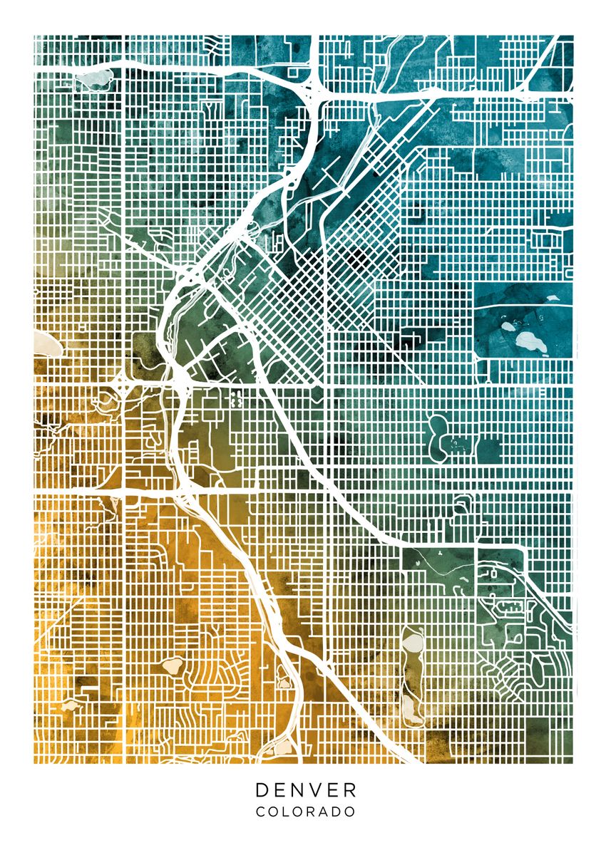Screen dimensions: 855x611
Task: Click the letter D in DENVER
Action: (x=262, y=789)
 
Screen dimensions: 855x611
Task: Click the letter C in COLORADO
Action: (x=260, y=812)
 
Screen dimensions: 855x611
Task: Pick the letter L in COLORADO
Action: (x=288, y=812)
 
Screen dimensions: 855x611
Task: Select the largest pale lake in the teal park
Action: (x=531, y=343)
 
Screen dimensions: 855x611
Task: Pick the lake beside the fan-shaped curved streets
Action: (x=172, y=666)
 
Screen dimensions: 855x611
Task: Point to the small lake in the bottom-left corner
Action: (x=69, y=705)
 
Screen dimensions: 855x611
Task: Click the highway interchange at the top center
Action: (x=314, y=90)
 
